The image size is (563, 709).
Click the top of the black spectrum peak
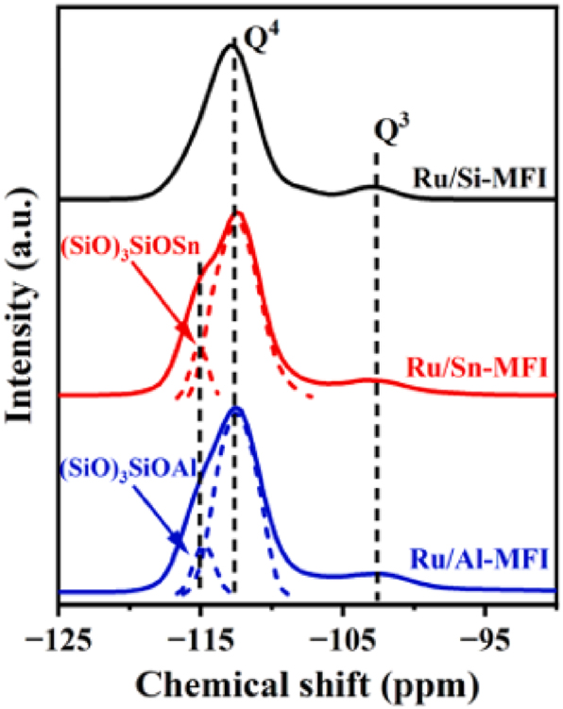point(231,44)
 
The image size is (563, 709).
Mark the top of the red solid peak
point(238,213)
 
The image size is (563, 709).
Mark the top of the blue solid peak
point(237,408)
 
